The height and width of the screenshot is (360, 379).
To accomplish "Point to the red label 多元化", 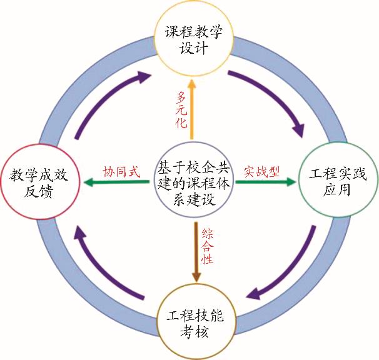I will click(182, 109).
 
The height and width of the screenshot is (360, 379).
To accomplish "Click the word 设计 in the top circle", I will click(194, 49).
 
